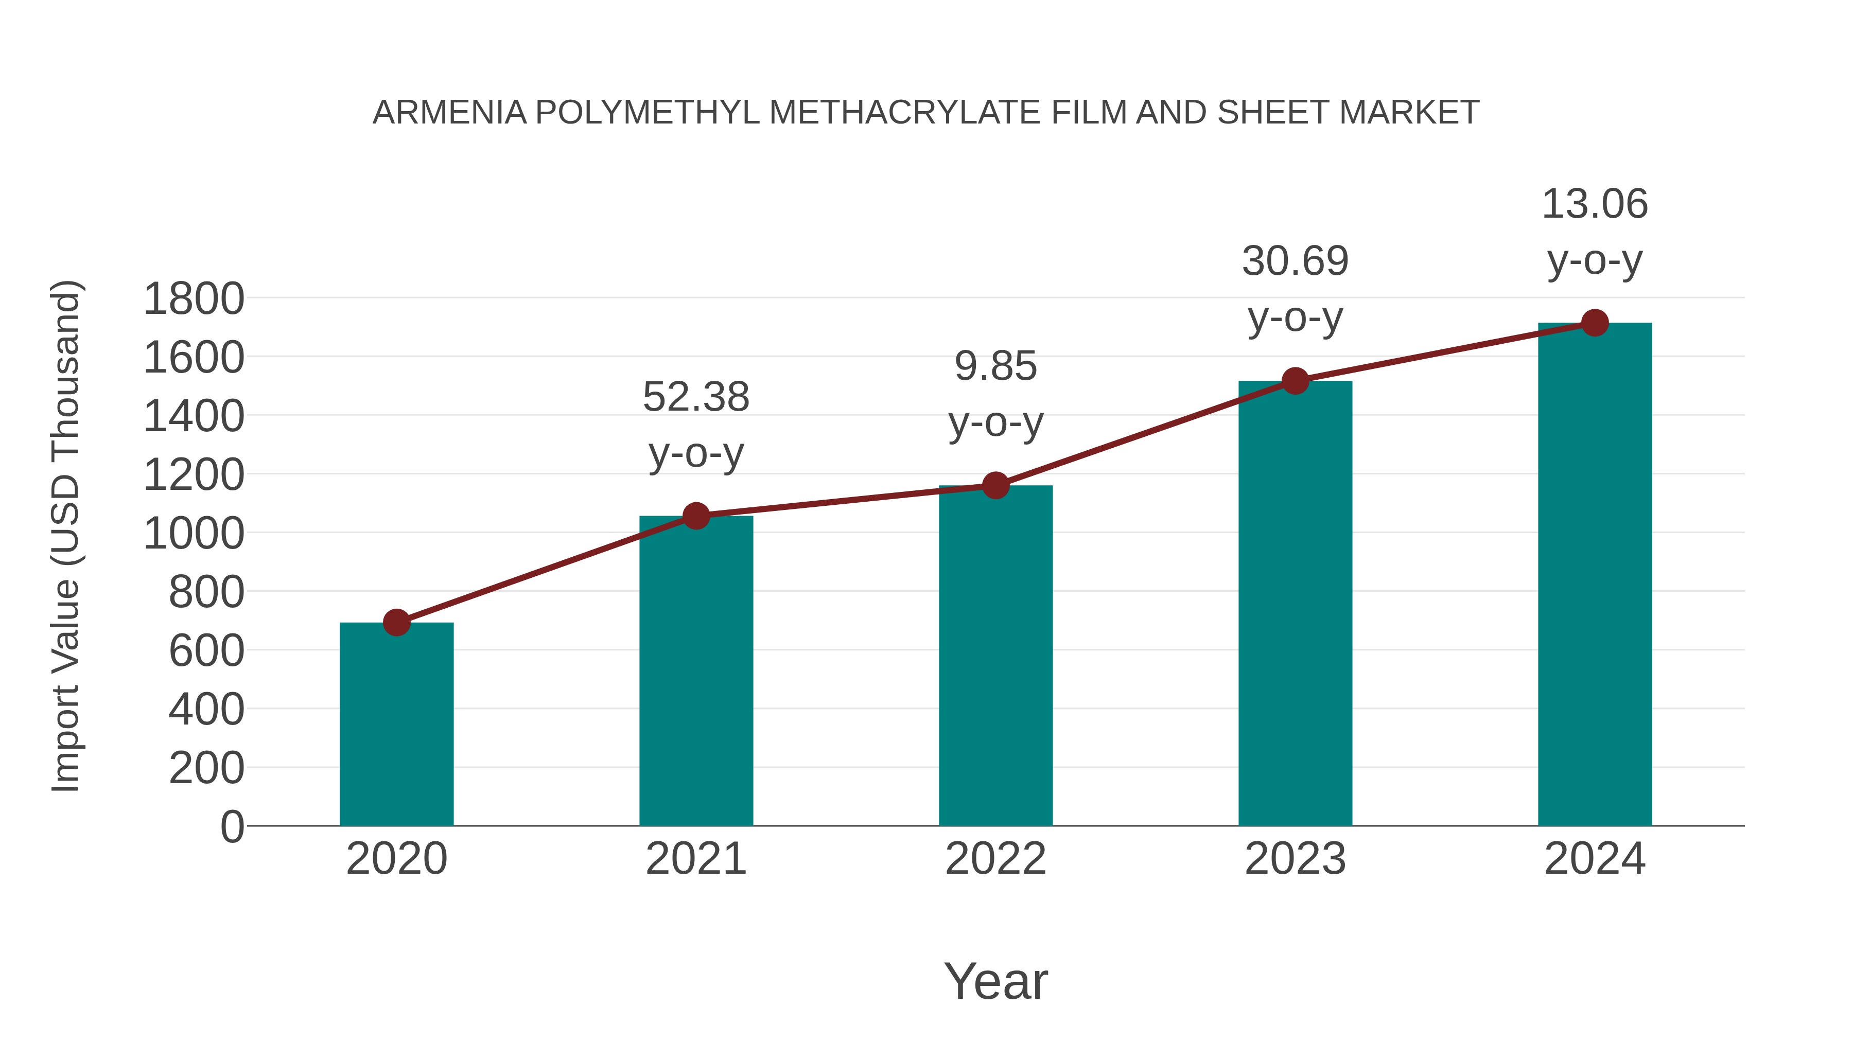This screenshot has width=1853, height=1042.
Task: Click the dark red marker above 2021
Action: coord(695,516)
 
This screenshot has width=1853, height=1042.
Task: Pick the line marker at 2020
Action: coord(396,622)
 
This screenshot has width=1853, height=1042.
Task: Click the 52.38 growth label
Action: coord(695,397)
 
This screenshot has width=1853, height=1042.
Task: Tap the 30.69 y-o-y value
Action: coord(1295,261)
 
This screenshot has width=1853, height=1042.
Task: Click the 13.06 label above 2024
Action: coord(1595,204)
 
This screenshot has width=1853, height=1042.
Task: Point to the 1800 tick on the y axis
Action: coord(194,299)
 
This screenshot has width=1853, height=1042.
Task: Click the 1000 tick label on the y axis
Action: coord(194,534)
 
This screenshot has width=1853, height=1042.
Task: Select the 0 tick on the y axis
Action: coord(232,826)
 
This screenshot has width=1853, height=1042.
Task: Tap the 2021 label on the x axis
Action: coord(695,859)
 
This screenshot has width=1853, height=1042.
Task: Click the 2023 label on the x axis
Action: coord(1295,859)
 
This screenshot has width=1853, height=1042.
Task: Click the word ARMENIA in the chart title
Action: coord(449,113)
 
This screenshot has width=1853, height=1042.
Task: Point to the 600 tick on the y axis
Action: coord(206,651)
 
